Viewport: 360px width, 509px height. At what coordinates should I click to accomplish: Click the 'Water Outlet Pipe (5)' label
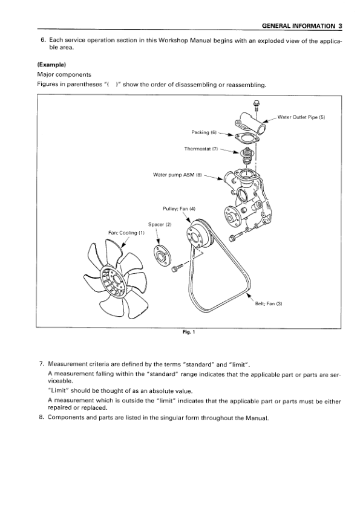301,117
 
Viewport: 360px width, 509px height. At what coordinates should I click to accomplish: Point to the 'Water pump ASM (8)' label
177,175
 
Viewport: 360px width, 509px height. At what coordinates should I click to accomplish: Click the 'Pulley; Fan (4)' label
179,209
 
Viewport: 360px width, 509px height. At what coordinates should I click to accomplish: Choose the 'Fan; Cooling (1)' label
126,233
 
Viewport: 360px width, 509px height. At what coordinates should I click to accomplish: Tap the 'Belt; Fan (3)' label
269,304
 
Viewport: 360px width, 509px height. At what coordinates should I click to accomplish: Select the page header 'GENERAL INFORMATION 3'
301,26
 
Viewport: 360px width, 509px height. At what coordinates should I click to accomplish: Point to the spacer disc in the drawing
161,256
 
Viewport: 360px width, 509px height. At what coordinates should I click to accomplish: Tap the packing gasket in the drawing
246,138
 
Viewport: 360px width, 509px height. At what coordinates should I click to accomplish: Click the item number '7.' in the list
41,364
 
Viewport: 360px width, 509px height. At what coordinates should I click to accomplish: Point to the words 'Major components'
64,75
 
